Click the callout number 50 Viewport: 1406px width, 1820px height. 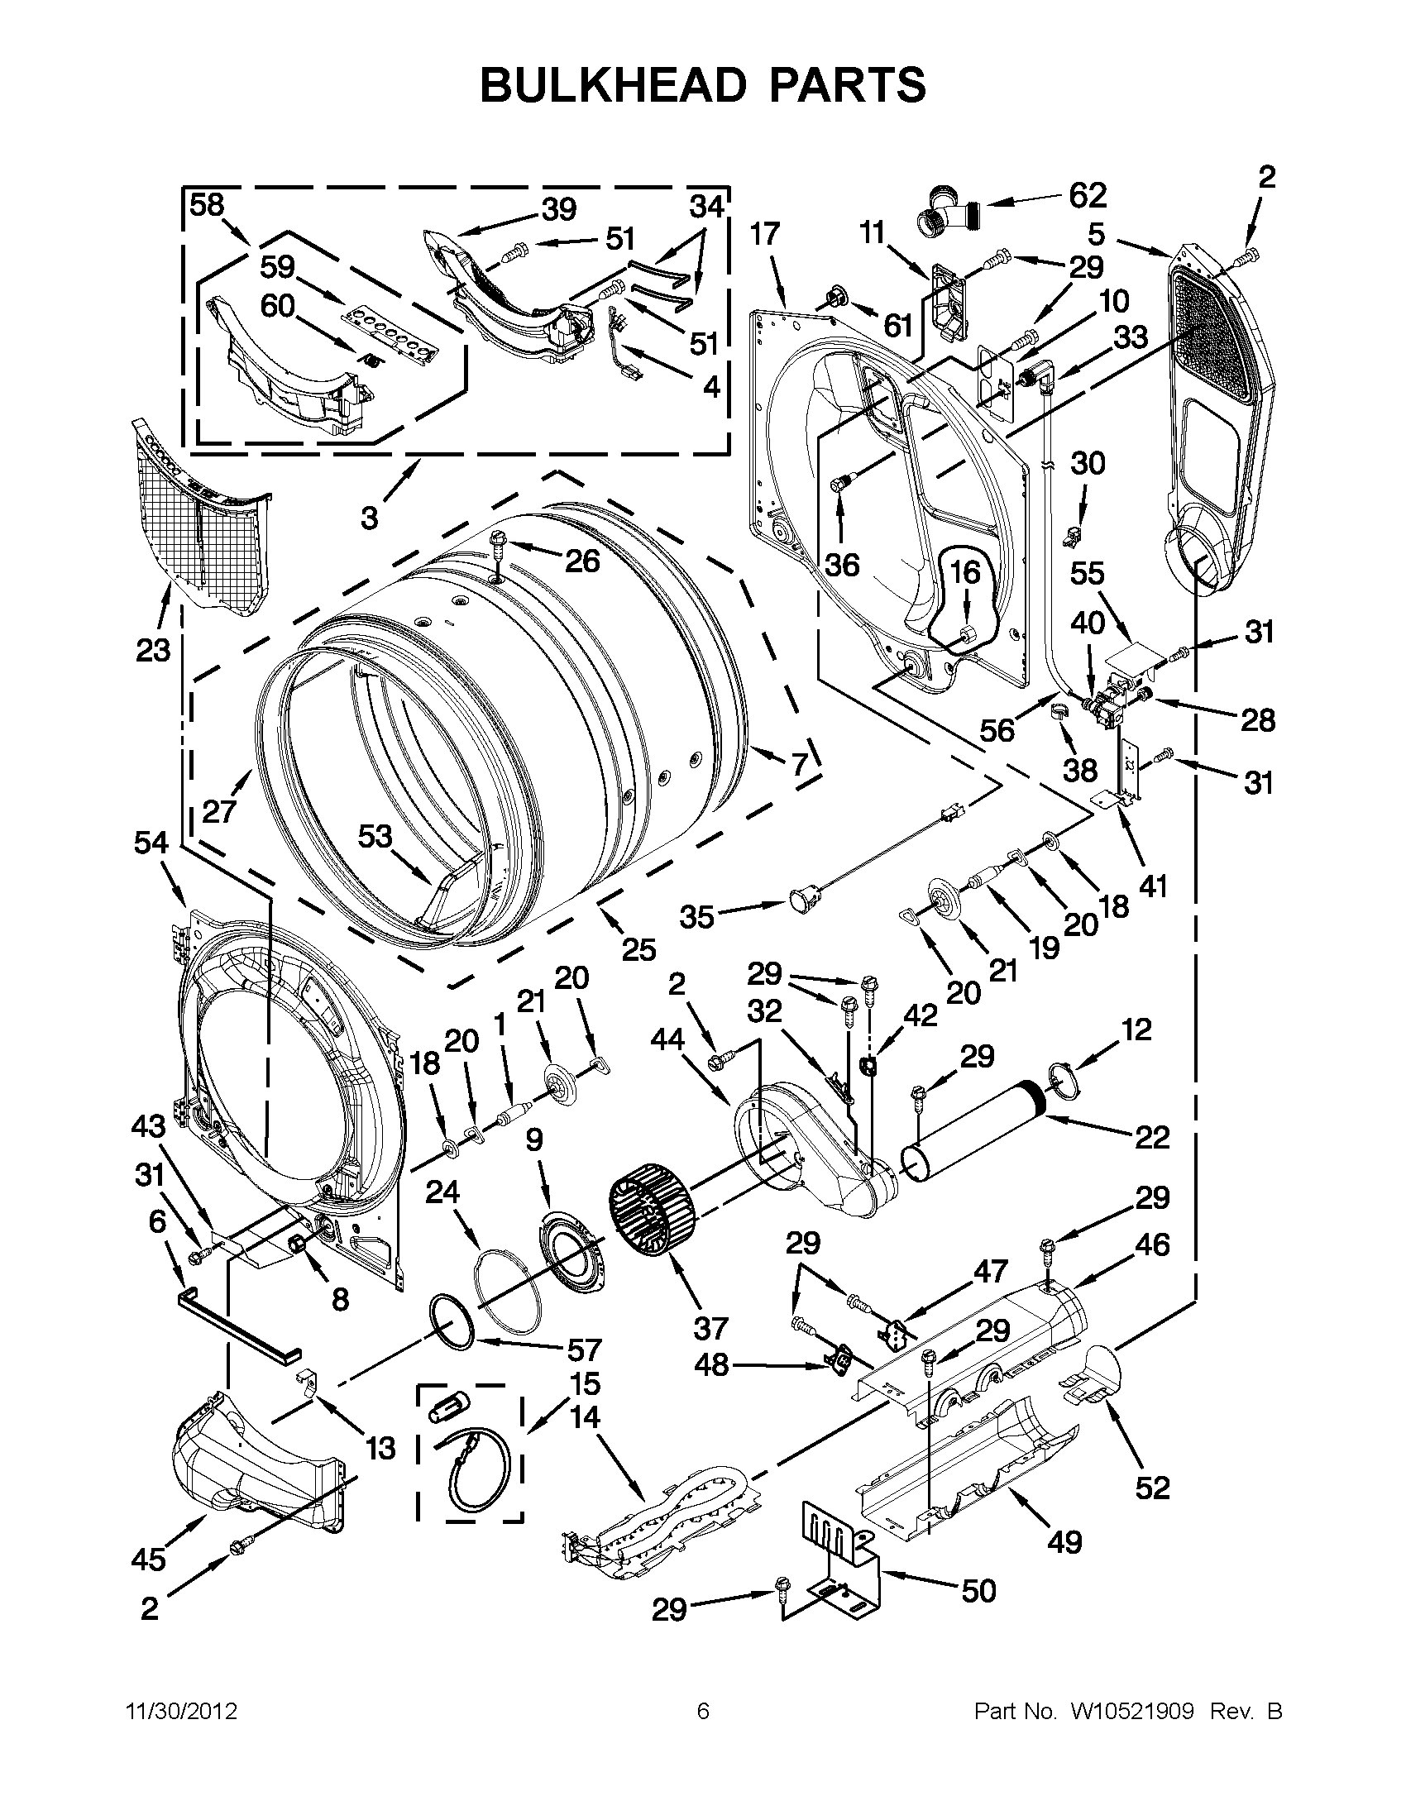click(978, 1591)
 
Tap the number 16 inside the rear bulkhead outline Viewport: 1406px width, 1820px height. click(965, 572)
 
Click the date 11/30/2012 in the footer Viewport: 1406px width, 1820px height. click(181, 1711)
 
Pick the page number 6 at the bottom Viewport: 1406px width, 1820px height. click(702, 1711)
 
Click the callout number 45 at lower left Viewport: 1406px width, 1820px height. click(148, 1560)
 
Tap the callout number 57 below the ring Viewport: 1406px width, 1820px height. click(583, 1349)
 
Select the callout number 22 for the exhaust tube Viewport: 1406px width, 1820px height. click(1152, 1137)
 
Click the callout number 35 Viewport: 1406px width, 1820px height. click(696, 917)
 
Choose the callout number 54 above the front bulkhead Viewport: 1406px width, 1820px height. click(151, 843)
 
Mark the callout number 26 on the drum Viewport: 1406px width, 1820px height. click(581, 561)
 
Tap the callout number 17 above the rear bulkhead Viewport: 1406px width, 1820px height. click(764, 234)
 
